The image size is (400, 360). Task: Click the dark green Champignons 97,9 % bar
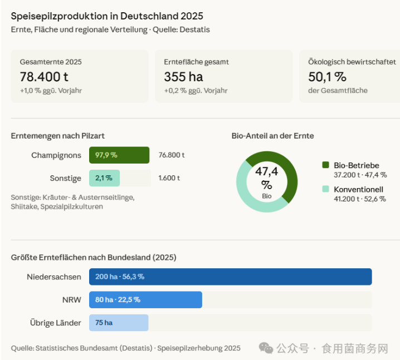(119, 155)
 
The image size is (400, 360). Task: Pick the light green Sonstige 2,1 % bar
(104, 178)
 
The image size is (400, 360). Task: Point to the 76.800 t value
(172, 155)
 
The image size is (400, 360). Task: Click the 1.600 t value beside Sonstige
(169, 178)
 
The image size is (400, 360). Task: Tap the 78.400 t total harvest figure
(44, 77)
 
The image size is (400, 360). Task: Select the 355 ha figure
(183, 77)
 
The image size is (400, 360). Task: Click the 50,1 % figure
(327, 77)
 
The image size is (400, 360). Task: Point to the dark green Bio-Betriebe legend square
(325, 165)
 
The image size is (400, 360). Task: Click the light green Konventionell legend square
(325, 189)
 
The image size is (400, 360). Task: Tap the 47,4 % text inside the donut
(267, 177)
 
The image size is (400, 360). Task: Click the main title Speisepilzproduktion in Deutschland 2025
(107, 16)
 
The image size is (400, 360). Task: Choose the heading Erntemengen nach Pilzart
(58, 136)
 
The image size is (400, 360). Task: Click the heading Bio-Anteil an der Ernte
(272, 136)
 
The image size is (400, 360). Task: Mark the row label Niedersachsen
(53, 277)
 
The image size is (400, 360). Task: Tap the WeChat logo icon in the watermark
(266, 348)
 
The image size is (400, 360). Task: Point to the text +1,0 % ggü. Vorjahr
(51, 91)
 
